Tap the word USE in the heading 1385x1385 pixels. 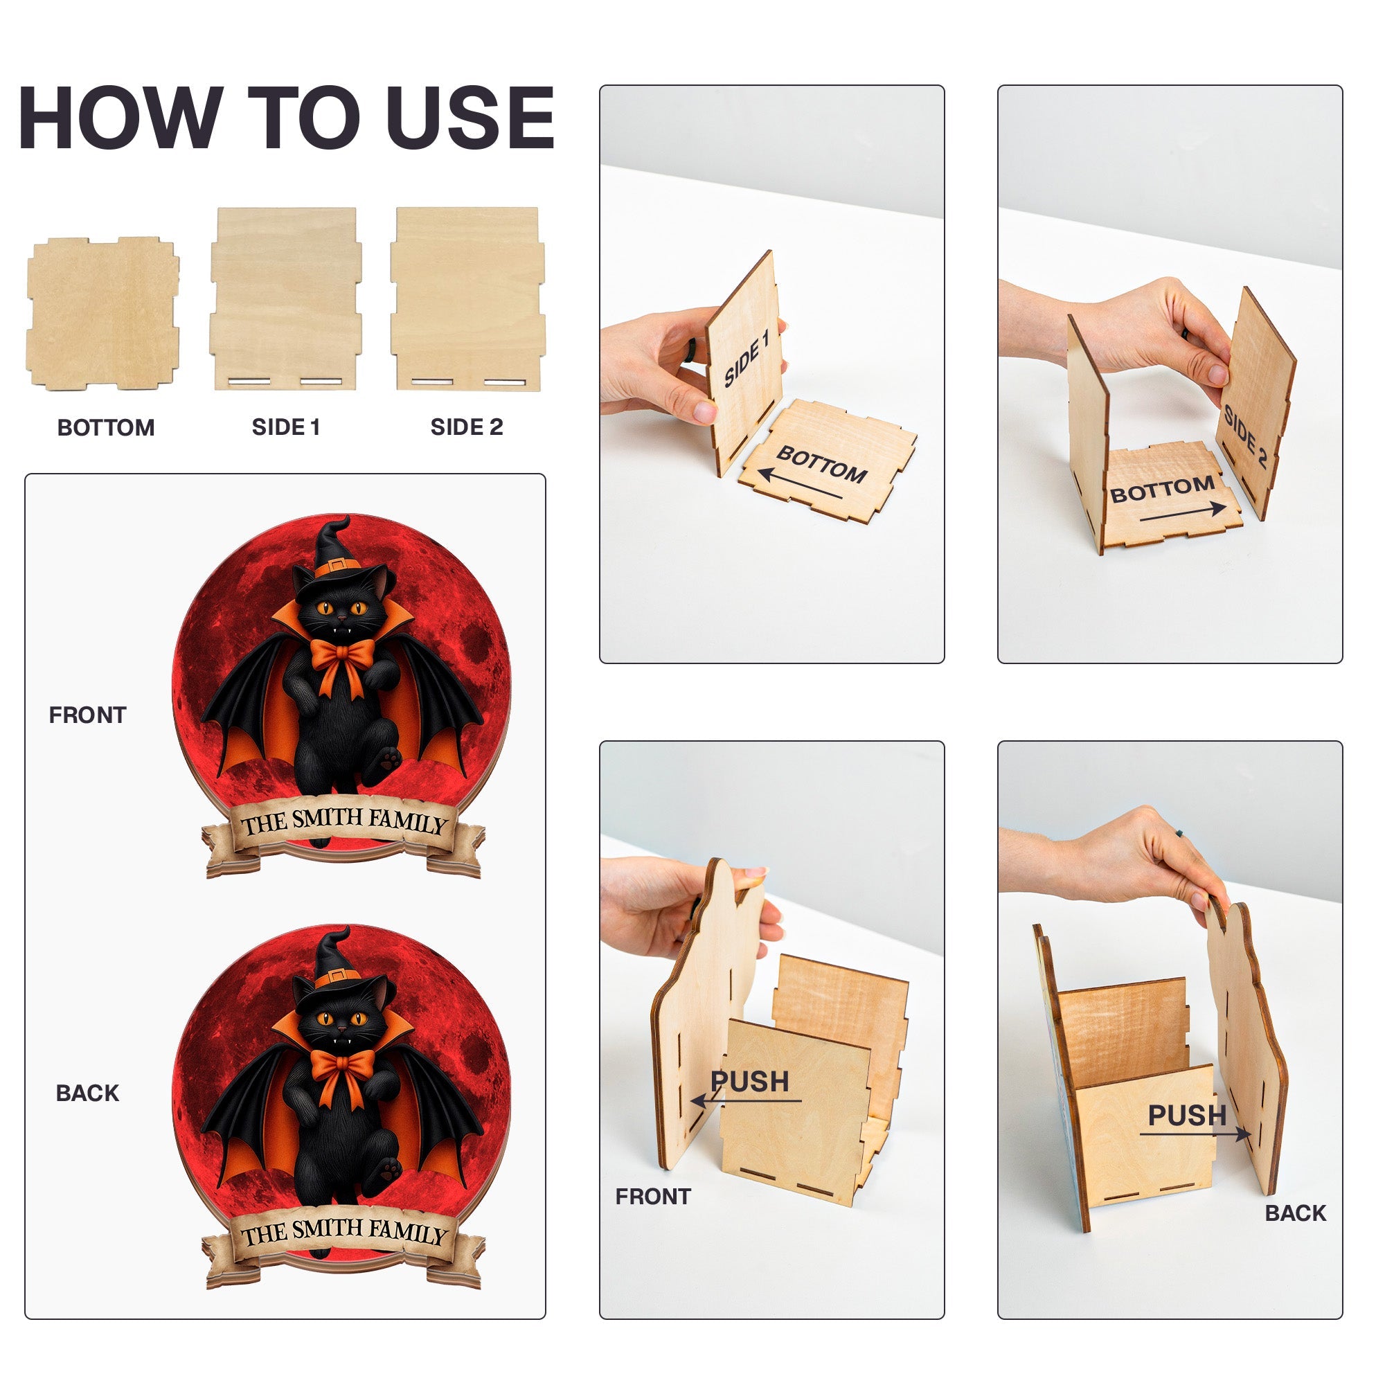coord(471,118)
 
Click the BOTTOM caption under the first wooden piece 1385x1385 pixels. coord(106,428)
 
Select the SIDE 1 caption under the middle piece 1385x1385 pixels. coord(285,427)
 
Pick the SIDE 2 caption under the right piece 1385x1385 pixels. coord(467,427)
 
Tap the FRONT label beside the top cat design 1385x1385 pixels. coord(87,715)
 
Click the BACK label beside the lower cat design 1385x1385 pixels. coord(87,1093)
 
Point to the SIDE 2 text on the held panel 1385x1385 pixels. coord(1245,436)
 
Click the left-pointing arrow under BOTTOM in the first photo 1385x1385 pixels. coord(800,484)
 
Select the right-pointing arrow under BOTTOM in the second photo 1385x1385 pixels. coord(1183,512)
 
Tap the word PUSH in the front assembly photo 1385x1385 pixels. coord(750,1081)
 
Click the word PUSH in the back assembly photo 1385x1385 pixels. coord(1187,1115)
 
